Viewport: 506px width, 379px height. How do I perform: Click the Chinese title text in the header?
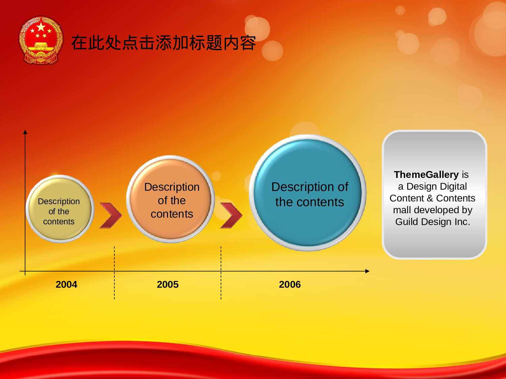click(164, 43)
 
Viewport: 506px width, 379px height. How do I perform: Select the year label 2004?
click(66, 285)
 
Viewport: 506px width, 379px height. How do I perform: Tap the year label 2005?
click(168, 285)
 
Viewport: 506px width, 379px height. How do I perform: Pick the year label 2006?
click(290, 285)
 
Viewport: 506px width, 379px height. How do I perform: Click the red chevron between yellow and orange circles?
click(111, 216)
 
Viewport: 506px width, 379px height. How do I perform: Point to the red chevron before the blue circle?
click(231, 216)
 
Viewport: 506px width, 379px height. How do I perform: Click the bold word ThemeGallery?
click(426, 175)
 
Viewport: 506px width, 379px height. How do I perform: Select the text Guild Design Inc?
click(432, 222)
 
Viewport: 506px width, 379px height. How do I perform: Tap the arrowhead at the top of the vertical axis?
click(25, 132)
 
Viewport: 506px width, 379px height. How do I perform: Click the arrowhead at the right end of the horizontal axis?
click(367, 271)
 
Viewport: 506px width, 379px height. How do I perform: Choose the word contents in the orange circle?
click(172, 214)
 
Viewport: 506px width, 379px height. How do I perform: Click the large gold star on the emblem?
click(41, 27)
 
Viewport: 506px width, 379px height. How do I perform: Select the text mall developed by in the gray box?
click(432, 210)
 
